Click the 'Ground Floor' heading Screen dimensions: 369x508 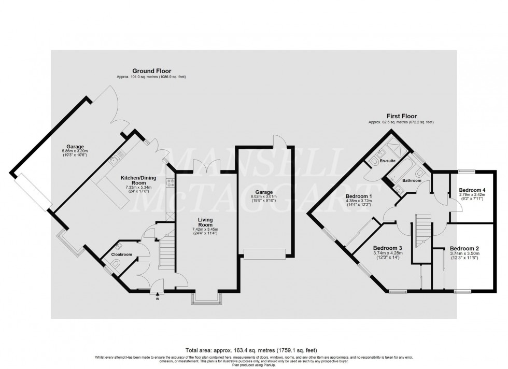151,71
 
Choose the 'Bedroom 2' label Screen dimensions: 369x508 464,248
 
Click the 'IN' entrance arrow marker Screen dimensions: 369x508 158,296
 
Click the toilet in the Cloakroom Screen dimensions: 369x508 117,266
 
